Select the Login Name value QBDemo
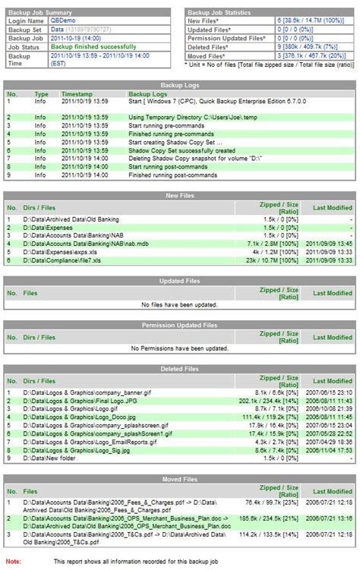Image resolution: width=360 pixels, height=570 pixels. [64, 21]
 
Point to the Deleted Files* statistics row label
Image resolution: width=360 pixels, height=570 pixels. [226, 46]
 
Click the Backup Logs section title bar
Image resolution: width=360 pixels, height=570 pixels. [179, 86]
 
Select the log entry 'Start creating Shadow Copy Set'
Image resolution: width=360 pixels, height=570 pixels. [175, 142]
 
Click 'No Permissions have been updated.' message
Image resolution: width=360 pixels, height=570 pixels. [179, 348]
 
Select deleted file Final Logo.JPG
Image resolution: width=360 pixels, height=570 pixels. [71, 400]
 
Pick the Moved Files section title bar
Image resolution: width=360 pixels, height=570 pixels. [179, 479]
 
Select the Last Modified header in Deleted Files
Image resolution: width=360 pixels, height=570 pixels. [332, 377]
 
